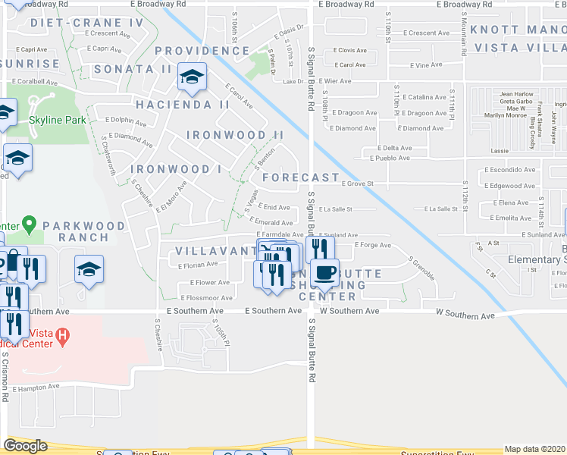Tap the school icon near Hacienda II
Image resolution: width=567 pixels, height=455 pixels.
tap(193, 77)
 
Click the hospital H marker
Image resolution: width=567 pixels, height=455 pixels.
tap(64, 334)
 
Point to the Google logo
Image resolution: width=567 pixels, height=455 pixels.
tap(25, 446)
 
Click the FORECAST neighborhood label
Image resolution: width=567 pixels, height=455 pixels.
tap(301, 177)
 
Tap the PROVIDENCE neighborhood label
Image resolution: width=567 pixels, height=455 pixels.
tap(202, 51)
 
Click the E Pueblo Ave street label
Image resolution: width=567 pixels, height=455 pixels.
tap(390, 158)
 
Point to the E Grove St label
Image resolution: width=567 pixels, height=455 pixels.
tap(359, 184)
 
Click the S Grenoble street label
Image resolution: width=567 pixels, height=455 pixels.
tap(421, 269)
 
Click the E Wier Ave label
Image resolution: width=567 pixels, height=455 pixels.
tap(335, 81)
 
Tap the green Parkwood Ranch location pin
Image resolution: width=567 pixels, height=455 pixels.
tap(29, 224)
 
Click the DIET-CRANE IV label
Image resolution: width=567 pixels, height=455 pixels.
tap(87, 23)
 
